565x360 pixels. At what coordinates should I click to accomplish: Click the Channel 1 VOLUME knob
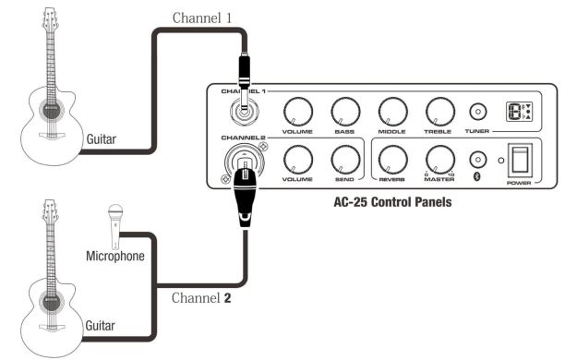coord(295,113)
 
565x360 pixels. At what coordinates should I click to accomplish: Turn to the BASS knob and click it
coord(343,113)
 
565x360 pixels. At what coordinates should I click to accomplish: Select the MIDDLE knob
coord(391,113)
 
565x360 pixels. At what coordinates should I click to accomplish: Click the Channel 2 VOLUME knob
coord(295,159)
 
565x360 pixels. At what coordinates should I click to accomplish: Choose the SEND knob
coord(343,159)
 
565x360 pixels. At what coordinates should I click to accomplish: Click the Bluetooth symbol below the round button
coord(477,175)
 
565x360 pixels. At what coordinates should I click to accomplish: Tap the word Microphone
coord(114,255)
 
